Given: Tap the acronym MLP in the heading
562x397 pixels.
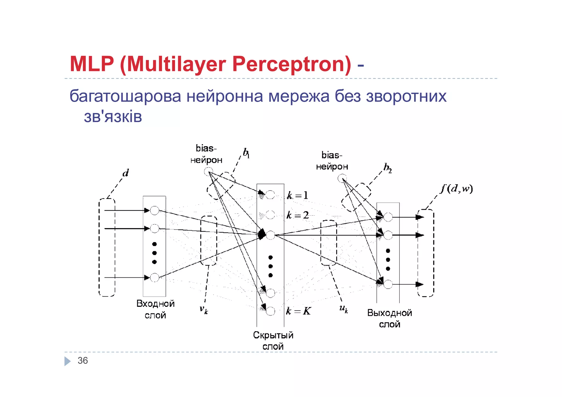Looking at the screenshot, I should click(x=92, y=64).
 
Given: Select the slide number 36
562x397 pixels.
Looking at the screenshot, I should click(x=83, y=361).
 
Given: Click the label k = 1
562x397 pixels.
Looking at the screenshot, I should click(x=298, y=195).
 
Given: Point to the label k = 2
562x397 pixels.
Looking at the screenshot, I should click(x=298, y=215).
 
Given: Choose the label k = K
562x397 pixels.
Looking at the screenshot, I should click(x=298, y=311).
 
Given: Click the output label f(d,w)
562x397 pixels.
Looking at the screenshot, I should click(x=457, y=189).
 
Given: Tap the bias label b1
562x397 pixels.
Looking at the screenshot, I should click(x=246, y=153).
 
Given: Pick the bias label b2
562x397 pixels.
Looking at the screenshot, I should click(x=387, y=168).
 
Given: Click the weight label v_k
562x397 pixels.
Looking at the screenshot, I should click(x=204, y=310).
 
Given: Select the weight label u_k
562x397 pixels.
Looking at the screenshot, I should click(x=344, y=309).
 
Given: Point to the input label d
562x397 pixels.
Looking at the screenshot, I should click(x=125, y=173).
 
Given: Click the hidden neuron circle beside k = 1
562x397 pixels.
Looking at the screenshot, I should click(x=270, y=195).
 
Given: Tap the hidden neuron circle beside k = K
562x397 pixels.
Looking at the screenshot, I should click(x=270, y=311).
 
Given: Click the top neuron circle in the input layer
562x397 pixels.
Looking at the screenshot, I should click(x=155, y=211).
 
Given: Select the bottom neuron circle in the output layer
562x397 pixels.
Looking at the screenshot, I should click(x=388, y=284).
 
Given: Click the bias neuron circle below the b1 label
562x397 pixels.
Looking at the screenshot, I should click(x=209, y=172).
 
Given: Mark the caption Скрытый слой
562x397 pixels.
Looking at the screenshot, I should click(x=273, y=341).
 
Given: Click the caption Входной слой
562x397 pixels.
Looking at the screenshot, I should click(x=155, y=309).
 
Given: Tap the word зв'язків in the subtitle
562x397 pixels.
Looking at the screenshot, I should click(x=113, y=117).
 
